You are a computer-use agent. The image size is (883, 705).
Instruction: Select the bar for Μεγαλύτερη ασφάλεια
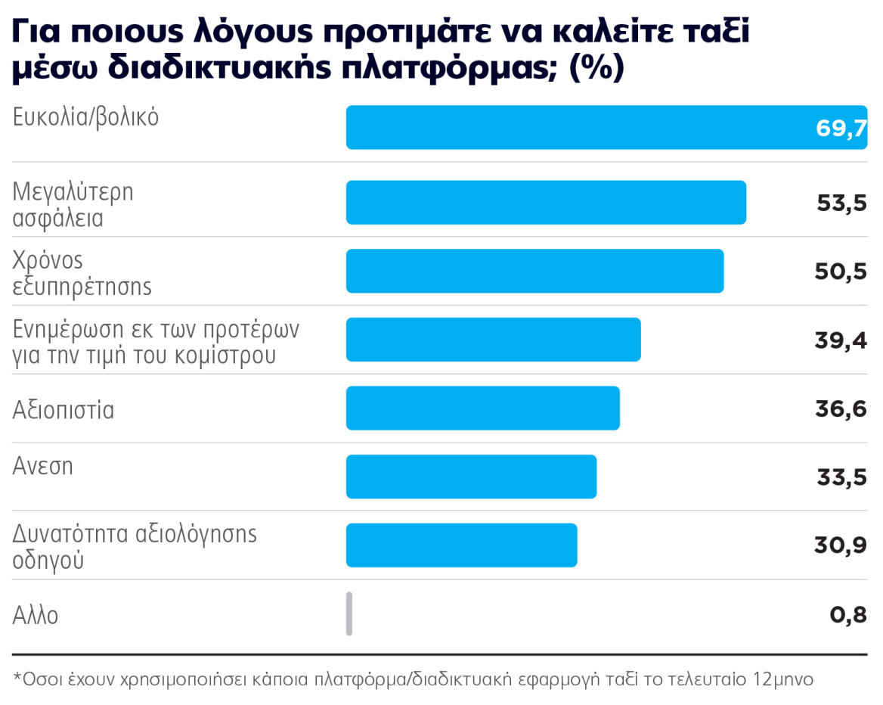(x=546, y=203)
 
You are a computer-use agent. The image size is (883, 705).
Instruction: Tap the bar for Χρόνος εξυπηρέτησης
(x=534, y=271)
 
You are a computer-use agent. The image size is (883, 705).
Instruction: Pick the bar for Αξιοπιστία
(x=482, y=408)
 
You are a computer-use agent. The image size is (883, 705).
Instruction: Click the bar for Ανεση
(x=471, y=477)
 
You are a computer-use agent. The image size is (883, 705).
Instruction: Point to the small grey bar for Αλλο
(x=349, y=613)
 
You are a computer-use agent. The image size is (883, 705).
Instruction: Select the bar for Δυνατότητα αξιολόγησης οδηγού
(x=461, y=545)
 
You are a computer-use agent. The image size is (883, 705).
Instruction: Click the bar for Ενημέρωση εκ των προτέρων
(x=493, y=340)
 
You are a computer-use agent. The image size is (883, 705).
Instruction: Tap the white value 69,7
(x=841, y=128)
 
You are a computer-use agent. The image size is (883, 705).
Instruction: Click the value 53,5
(x=841, y=203)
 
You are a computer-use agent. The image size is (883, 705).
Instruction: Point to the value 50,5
(x=841, y=272)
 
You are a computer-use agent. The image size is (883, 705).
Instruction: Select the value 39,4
(x=841, y=340)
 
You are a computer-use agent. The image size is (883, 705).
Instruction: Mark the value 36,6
(x=841, y=408)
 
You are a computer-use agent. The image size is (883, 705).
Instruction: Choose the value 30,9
(x=841, y=545)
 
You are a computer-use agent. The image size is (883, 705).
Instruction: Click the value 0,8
(x=848, y=614)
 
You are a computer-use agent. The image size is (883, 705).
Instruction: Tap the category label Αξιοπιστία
(x=64, y=411)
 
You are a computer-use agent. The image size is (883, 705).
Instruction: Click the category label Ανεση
(x=43, y=466)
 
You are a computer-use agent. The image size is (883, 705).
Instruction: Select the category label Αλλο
(x=36, y=615)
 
